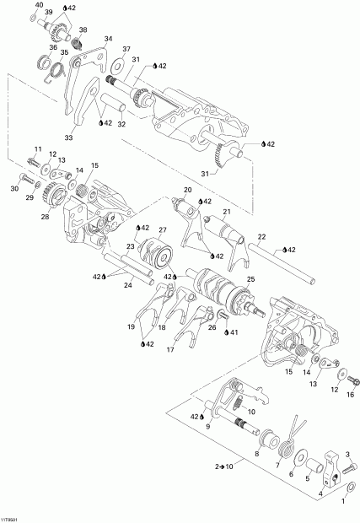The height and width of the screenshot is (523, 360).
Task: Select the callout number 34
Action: pos(107,39)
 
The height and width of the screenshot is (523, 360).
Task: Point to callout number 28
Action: pos(43,217)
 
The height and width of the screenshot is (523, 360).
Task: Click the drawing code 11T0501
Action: pos(13,518)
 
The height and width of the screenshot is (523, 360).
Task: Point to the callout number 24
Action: pos(127,285)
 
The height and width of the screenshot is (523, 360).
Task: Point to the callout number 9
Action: pos(206,427)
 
